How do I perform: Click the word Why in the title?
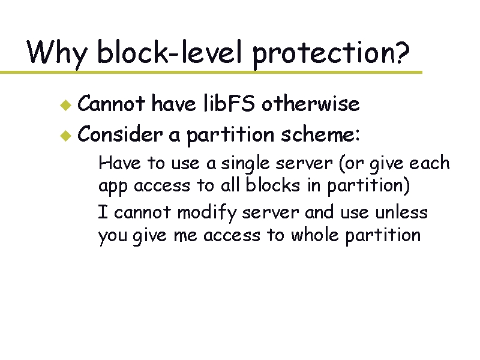click(57, 53)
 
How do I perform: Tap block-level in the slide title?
click(171, 53)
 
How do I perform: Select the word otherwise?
click(310, 104)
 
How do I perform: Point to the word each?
click(429, 163)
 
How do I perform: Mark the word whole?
click(316, 235)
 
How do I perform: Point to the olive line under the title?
click(210, 72)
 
